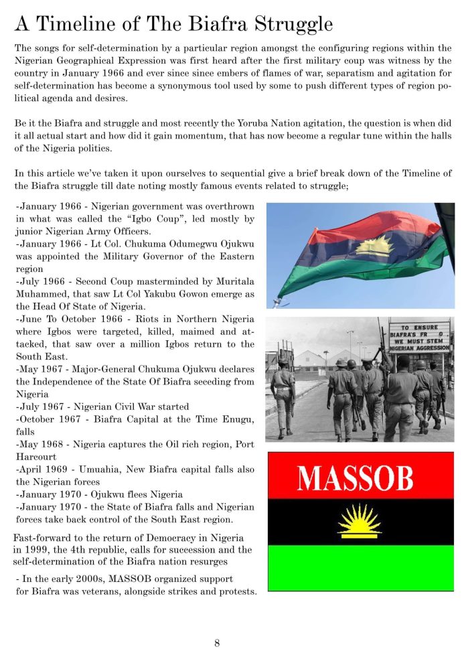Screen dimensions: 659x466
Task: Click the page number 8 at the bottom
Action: click(217, 643)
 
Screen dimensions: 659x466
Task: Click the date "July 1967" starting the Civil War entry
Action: click(40, 407)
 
